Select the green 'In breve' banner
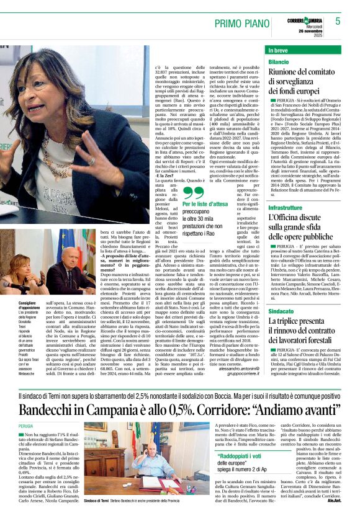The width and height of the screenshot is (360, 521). tap(304, 50)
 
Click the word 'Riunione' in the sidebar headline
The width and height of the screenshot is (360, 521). tap(288, 73)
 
